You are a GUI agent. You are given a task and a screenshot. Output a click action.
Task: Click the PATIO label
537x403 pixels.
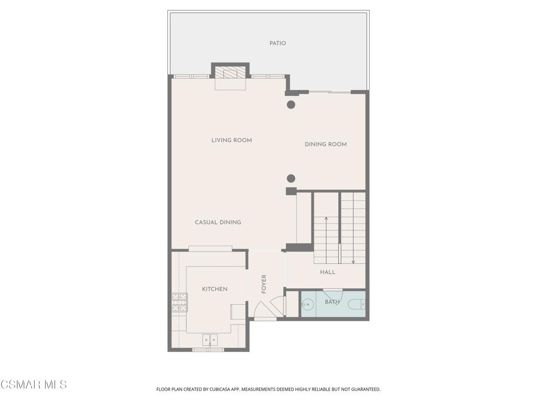click(277, 43)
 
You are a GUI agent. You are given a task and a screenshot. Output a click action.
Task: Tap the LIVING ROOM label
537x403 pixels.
click(231, 140)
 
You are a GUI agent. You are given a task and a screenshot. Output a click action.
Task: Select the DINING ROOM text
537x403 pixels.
click(326, 144)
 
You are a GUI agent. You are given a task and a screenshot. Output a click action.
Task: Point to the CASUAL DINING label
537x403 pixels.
click(218, 222)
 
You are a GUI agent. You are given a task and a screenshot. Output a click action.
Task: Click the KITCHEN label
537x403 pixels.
click(214, 289)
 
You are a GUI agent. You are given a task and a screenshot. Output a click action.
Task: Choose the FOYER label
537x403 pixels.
click(264, 284)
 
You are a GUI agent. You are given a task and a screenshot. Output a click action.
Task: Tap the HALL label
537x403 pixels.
click(328, 272)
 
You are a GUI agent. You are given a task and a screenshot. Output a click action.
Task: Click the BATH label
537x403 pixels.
click(332, 302)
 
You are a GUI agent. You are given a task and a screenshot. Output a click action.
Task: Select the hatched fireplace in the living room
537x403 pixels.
click(230, 72)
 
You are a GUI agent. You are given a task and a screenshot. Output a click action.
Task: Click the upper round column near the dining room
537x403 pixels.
click(291, 105)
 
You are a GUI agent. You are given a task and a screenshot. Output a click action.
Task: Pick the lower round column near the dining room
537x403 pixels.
click(291, 178)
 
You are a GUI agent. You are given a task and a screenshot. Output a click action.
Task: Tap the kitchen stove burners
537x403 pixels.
click(179, 303)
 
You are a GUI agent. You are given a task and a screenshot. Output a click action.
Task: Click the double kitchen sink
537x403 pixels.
click(210, 340)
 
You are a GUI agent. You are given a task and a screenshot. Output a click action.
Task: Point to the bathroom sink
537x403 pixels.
click(308, 304)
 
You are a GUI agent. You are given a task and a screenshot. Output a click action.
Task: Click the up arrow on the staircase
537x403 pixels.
click(326, 240)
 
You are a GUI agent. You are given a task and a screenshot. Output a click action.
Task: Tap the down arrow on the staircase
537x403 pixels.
click(353, 240)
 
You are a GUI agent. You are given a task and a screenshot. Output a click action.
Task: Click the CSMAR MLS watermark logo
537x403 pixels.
click(33, 385)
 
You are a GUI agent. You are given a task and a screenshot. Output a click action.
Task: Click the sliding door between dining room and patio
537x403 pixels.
click(330, 92)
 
